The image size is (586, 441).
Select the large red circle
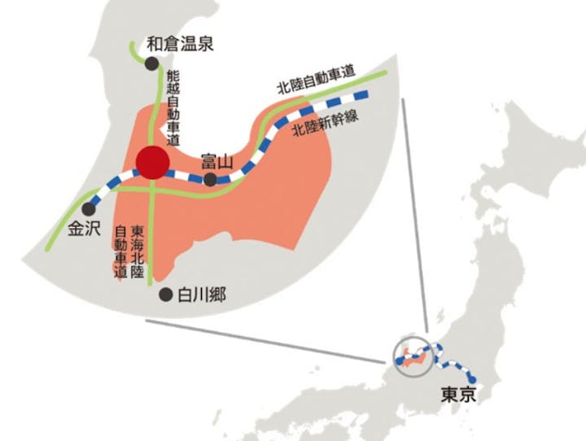pos(153,163)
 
